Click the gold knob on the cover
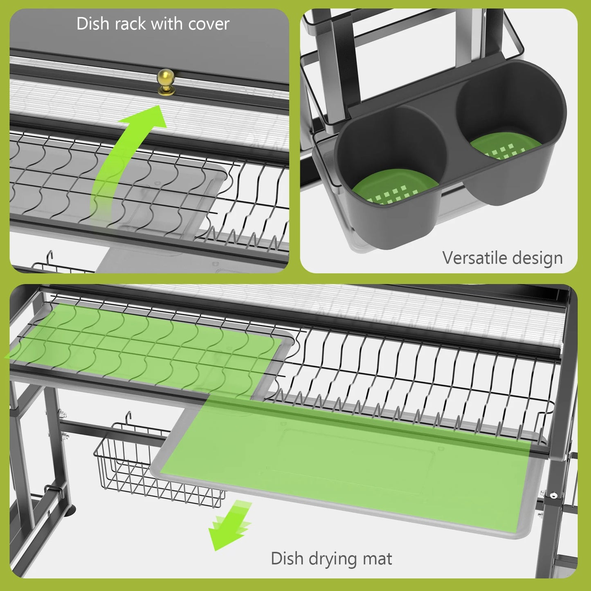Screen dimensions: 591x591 click(166, 81)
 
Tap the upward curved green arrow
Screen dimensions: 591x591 click(123, 155)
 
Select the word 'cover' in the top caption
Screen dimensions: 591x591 click(209, 24)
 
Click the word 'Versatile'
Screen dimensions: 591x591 click(474, 258)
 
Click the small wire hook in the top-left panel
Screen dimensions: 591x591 click(50, 258)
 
